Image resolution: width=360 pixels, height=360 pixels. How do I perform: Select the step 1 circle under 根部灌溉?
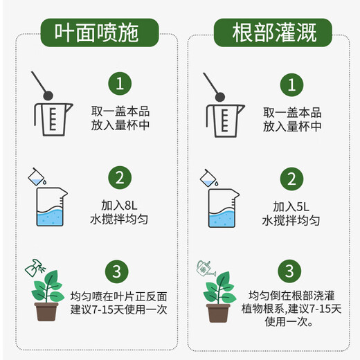click(291, 84)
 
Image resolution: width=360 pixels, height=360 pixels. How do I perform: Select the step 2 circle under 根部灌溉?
click(291, 177)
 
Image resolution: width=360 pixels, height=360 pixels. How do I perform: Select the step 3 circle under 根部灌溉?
click(291, 270)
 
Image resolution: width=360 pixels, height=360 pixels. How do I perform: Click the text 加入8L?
click(119, 206)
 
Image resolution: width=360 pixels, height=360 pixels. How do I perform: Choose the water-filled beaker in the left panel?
click(50, 208)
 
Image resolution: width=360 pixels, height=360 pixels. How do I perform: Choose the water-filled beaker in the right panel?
click(222, 208)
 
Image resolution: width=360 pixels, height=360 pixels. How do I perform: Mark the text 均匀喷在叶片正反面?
click(119, 296)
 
